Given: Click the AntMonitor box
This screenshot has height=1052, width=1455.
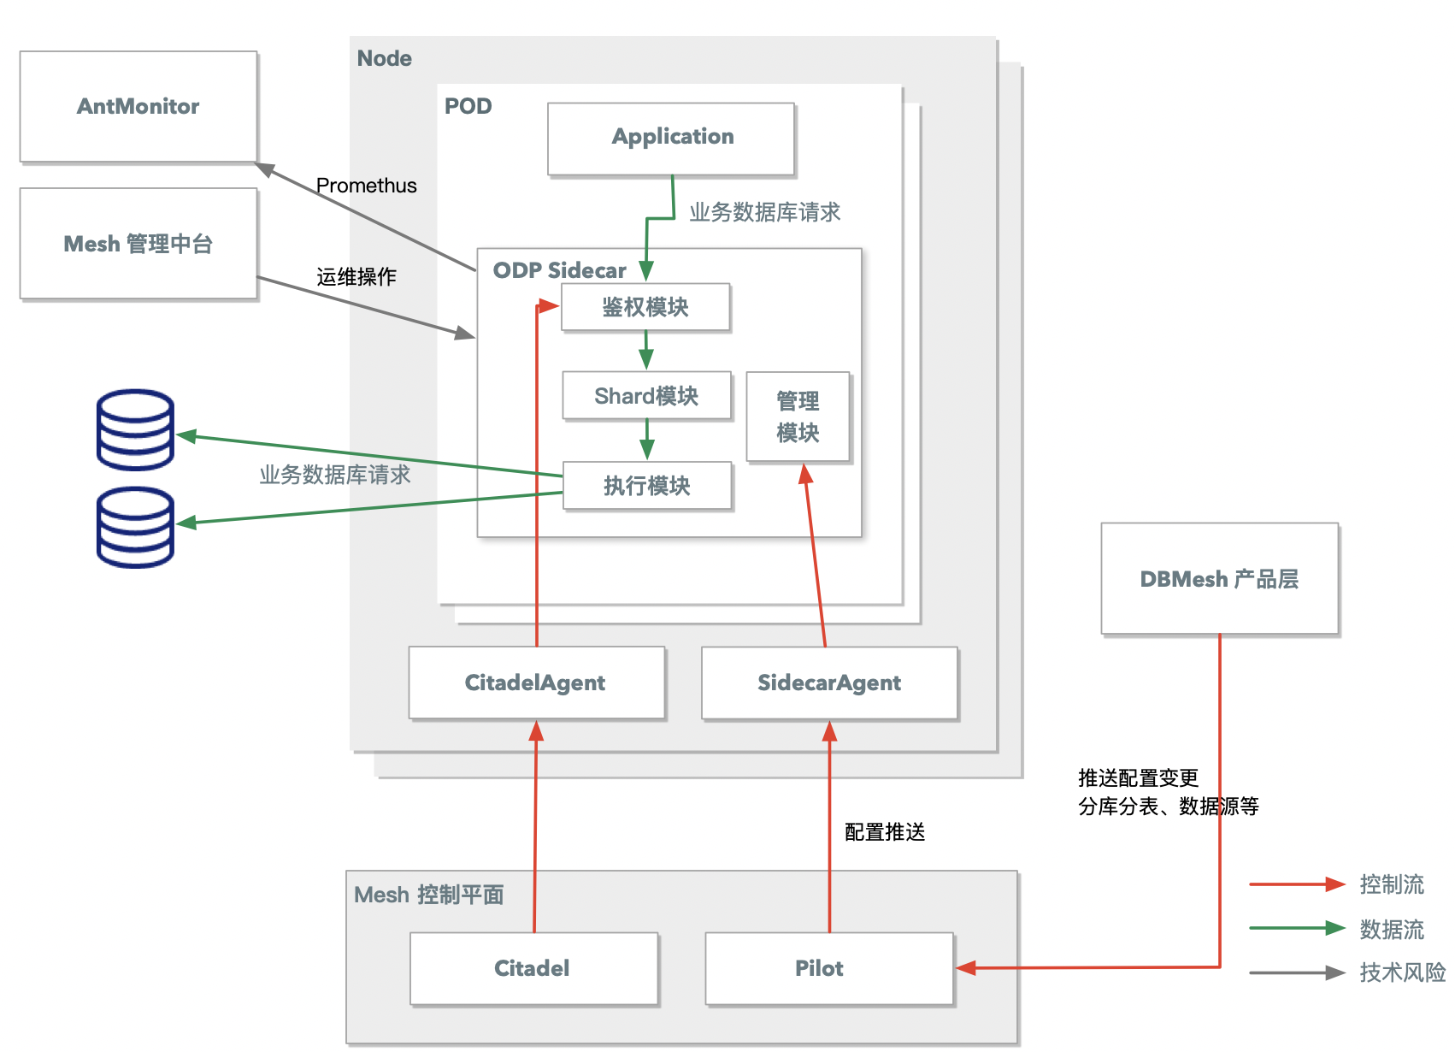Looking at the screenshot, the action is pos(138,107).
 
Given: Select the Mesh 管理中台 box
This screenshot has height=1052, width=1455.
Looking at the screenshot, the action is pos(138,244).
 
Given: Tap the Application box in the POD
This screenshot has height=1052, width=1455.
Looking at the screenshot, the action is pos(671,139).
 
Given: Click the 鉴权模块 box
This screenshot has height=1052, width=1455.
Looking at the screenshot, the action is pos(645,307).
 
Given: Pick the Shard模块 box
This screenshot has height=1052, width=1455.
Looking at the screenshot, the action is pos(647,395).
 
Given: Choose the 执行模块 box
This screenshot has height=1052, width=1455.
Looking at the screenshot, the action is pos(648,486).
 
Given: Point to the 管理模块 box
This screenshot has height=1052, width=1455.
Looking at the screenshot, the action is pos(798,417).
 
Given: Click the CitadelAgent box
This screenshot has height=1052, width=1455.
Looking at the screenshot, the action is pos(537,683).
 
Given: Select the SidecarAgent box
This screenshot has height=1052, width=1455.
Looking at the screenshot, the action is pos(829,683).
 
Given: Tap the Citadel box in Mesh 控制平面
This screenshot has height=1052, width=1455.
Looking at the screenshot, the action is pos(534,969).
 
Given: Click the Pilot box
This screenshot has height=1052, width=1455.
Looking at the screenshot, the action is pos(829,969).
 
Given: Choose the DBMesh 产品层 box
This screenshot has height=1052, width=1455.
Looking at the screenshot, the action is pos(1220,578).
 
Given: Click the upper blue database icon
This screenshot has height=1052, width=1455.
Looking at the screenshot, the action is pos(135,429).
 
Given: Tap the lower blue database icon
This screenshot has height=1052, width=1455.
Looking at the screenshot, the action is pos(135,527).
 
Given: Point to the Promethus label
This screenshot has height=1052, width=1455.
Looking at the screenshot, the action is pos(367,186).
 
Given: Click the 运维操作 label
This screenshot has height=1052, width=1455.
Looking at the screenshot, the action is pos(356,277).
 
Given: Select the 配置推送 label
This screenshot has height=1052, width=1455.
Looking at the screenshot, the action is pos(885,831).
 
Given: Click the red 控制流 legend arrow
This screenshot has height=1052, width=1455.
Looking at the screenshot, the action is pos(1297,884).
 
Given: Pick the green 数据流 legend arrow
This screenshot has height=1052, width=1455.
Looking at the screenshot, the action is pos(1297,928).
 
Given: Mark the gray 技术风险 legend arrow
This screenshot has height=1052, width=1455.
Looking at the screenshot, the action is pos(1297,972).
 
